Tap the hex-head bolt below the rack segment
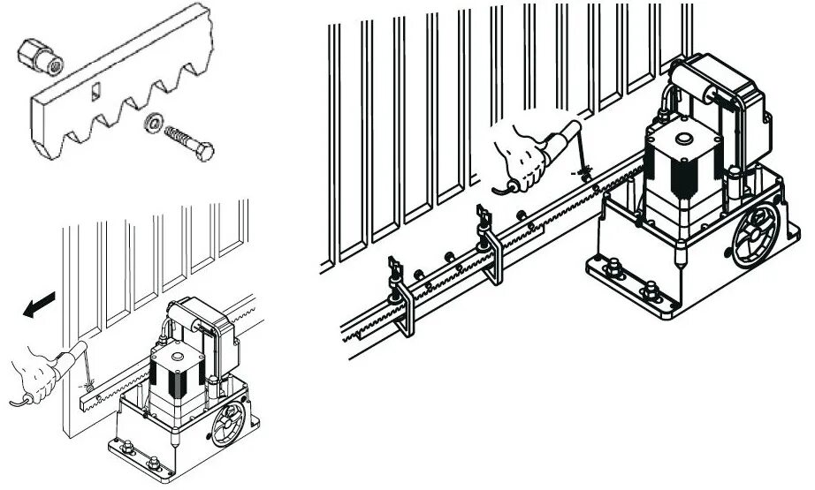[190, 144]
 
